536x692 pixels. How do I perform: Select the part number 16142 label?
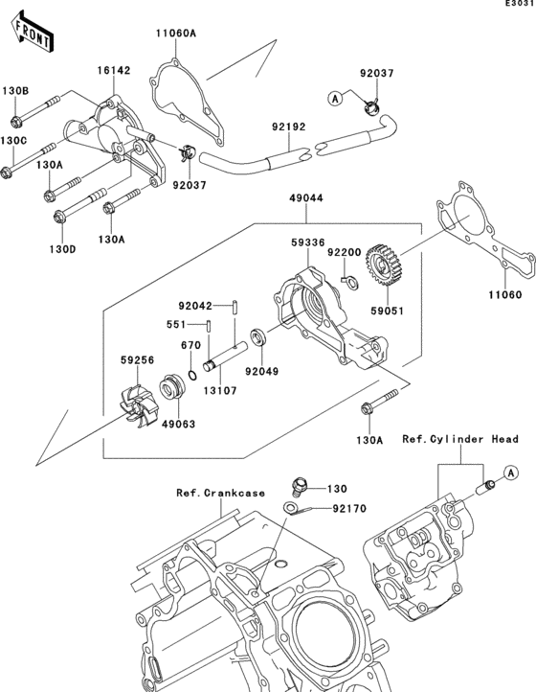[112, 70]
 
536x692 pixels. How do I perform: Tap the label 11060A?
[176, 34]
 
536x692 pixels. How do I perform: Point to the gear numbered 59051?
[386, 259]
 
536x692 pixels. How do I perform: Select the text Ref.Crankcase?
[220, 493]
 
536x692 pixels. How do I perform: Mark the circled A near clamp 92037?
[335, 97]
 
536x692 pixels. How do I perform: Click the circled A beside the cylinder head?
[511, 473]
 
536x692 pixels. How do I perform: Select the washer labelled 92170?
[293, 508]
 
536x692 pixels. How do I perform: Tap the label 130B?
[14, 91]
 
